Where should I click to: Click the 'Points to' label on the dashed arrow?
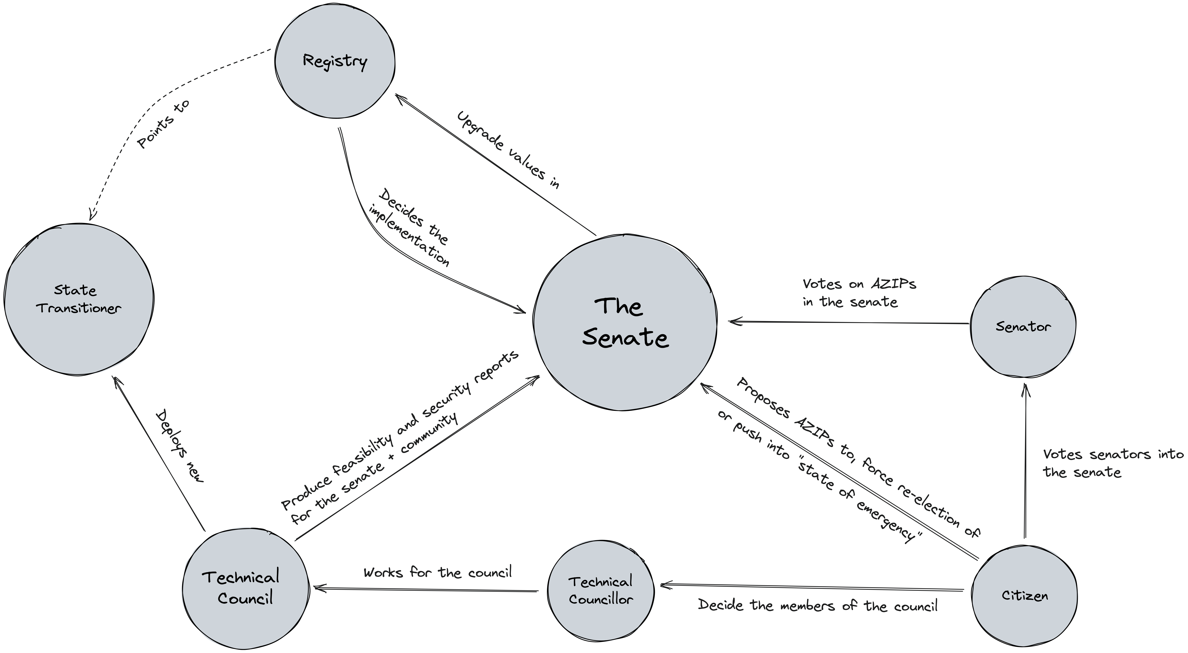(164, 124)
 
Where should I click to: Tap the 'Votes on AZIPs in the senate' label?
(859, 293)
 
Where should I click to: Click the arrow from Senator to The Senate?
(849, 323)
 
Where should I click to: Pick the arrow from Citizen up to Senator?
(1025, 461)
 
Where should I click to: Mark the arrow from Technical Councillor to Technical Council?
(427, 589)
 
